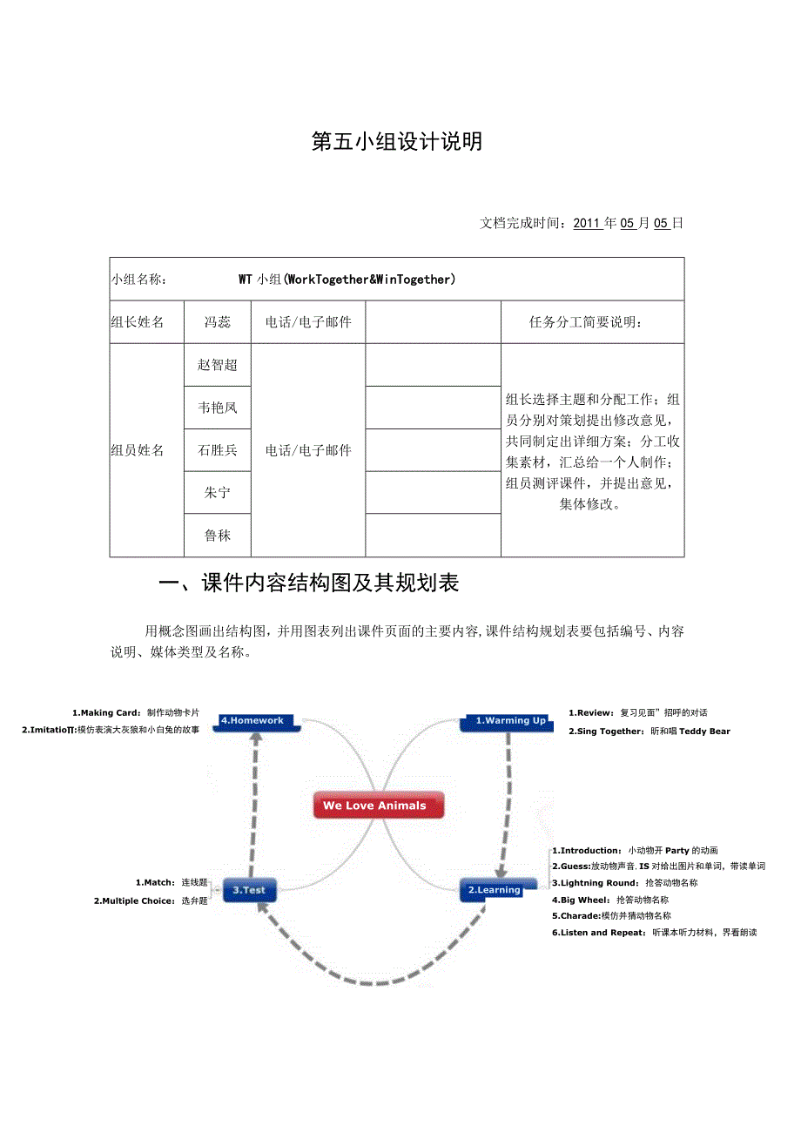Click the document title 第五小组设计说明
[x=397, y=142]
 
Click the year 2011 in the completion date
[x=588, y=223]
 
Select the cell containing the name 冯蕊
[x=218, y=322]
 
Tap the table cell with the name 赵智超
[x=218, y=365]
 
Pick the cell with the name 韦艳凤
[x=218, y=408]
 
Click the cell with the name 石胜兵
[x=218, y=450]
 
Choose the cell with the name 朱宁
[x=218, y=493]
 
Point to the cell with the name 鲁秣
[x=218, y=536]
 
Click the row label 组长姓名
[x=138, y=322]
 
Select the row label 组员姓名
[x=138, y=450]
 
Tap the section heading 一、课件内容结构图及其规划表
[x=310, y=583]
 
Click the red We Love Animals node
[x=378, y=806]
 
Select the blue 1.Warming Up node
[x=509, y=721]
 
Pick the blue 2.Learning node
[x=494, y=890]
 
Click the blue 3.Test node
[x=249, y=890]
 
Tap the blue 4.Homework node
[x=252, y=721]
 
